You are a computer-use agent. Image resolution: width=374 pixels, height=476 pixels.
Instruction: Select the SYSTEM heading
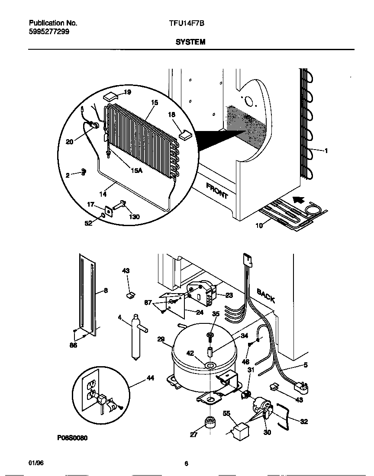190,42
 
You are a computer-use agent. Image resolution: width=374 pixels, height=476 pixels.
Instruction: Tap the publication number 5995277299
48,32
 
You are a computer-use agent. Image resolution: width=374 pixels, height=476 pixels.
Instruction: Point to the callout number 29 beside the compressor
161,339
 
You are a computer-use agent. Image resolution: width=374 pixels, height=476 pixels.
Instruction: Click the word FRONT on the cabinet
217,191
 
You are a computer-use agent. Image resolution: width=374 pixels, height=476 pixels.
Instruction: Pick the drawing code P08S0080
72,438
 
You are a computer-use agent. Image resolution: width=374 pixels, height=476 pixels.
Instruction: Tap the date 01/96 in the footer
36,463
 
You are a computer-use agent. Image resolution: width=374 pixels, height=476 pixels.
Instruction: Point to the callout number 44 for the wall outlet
150,378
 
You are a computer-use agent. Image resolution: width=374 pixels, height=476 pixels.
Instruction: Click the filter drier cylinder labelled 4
135,338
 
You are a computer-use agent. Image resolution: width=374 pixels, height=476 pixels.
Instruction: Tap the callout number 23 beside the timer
229,295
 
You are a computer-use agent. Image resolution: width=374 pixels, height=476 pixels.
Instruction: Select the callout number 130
134,217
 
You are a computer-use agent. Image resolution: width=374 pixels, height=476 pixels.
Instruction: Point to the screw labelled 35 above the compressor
210,335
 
